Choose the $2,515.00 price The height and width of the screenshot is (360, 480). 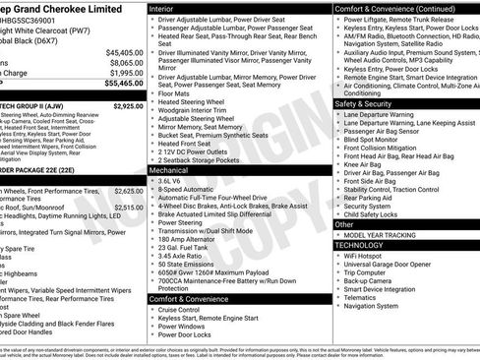tap(128, 208)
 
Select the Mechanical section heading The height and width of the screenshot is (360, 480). tap(168, 170)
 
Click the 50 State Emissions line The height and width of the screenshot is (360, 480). tap(184, 265)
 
